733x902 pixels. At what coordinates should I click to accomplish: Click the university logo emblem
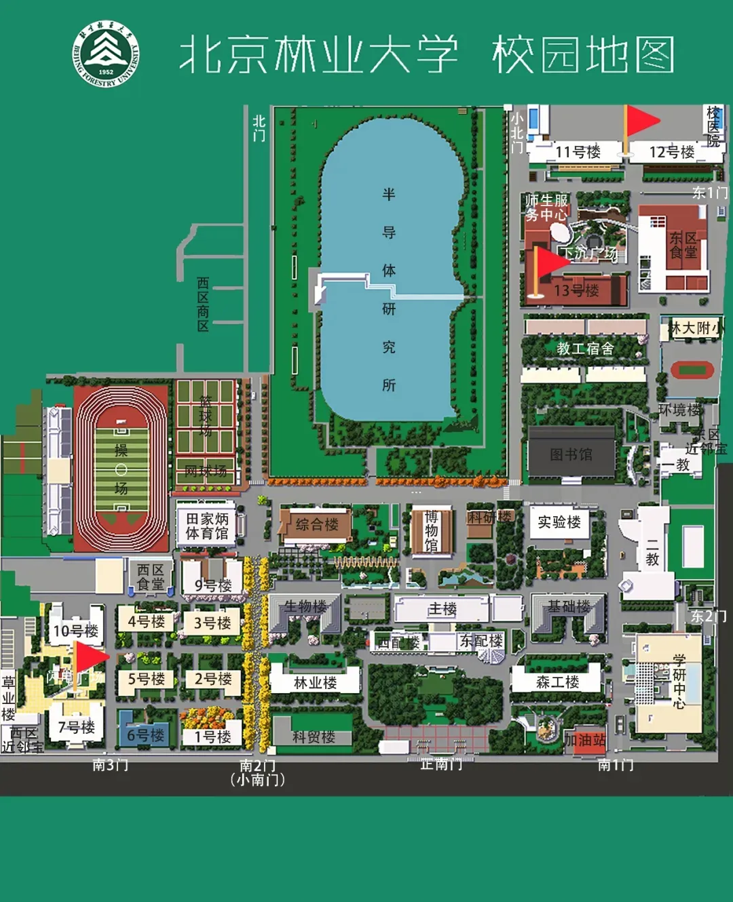(106, 54)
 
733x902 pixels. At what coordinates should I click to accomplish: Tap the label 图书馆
(571, 454)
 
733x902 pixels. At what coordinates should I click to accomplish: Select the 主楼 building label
(442, 609)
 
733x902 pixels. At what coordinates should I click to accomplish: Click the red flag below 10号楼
(90, 656)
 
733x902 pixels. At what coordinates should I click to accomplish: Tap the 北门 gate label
(259, 128)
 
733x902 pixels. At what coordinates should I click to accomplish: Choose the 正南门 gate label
(441, 764)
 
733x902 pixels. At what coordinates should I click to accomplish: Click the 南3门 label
(110, 765)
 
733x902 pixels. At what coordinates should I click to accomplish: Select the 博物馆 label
(431, 531)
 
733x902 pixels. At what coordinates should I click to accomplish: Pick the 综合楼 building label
(317, 524)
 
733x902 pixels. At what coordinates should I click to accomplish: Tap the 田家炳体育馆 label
(207, 526)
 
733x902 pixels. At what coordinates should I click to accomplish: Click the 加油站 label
(585, 740)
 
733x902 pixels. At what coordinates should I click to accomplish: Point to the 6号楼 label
(145, 735)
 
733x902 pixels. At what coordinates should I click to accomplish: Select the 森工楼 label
(557, 682)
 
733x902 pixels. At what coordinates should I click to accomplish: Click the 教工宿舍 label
(585, 349)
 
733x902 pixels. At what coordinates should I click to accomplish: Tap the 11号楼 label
(578, 152)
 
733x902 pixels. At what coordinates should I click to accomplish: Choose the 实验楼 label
(559, 522)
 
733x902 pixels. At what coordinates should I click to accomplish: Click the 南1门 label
(616, 765)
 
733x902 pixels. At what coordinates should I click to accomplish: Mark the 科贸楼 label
(314, 737)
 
